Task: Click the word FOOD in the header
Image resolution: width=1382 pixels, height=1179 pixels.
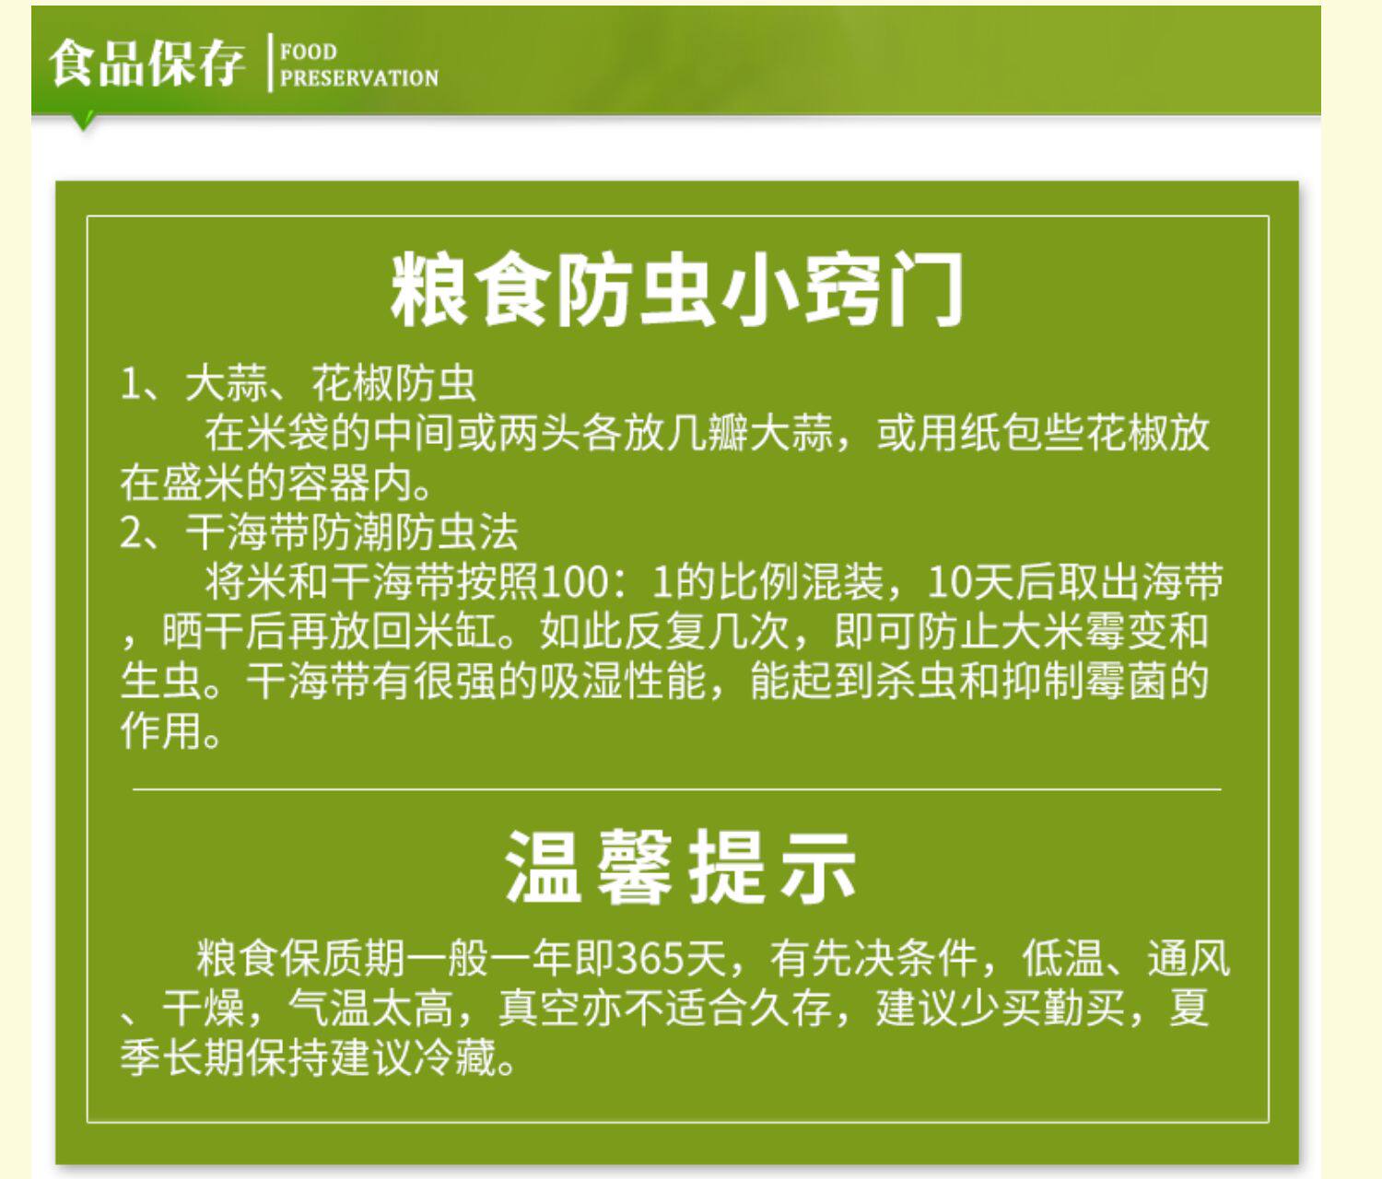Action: click(x=309, y=52)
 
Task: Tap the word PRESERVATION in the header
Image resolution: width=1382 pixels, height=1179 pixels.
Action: click(x=359, y=78)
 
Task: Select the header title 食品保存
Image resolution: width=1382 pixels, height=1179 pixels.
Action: click(x=147, y=64)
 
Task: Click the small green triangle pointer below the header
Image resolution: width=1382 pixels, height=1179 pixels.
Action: click(x=84, y=123)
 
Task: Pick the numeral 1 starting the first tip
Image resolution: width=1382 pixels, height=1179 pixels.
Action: click(x=130, y=384)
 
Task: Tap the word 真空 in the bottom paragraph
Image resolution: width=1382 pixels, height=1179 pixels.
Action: click(x=540, y=1008)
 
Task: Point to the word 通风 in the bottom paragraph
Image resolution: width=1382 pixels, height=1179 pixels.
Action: click(x=1189, y=959)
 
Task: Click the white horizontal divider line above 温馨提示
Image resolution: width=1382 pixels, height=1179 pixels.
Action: click(x=676, y=789)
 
